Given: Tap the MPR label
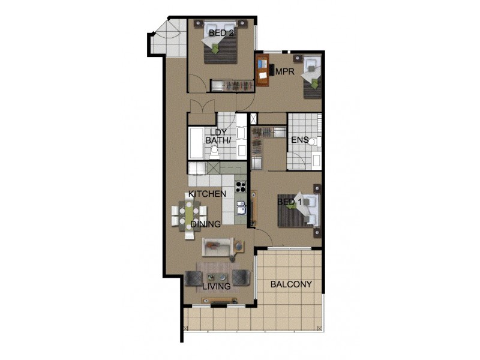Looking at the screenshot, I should [x=283, y=71].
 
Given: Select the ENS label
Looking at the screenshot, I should [x=299, y=140].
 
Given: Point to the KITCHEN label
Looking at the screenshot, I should [x=207, y=194].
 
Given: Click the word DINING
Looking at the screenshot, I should [x=206, y=224].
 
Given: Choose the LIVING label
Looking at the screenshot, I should [x=216, y=287].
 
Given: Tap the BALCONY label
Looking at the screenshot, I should [x=291, y=284].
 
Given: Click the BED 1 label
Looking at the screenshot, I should [x=289, y=203].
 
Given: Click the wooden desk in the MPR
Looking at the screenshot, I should [x=262, y=70].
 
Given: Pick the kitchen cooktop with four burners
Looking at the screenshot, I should [x=241, y=186].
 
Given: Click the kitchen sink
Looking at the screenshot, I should [x=241, y=208].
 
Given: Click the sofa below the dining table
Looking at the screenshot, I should [x=218, y=246].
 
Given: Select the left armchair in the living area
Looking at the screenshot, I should [x=194, y=278].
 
